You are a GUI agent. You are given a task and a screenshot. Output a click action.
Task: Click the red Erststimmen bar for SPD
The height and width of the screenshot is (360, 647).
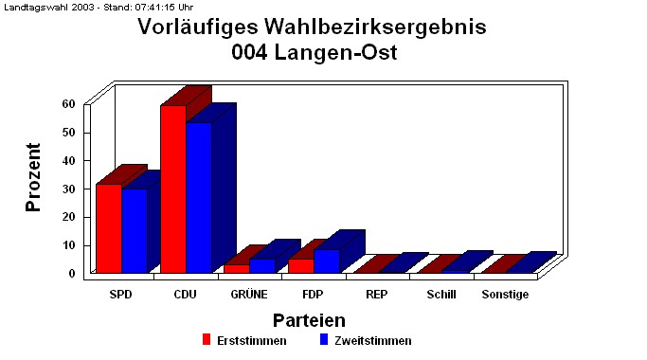click(108, 228)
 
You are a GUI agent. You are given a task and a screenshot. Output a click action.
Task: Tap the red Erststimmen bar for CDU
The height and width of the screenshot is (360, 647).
click(172, 189)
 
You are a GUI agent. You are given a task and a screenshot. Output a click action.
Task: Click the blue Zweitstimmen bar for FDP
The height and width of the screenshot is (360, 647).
click(327, 261)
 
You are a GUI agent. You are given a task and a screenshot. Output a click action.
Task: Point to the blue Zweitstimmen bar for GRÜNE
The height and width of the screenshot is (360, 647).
click(261, 265)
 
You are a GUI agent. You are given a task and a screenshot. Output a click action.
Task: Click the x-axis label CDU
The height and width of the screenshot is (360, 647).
click(185, 295)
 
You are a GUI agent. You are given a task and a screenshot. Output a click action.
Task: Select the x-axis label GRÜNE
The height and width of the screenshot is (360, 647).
click(249, 295)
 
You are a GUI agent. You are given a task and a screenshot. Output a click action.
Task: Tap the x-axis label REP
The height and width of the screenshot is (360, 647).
click(376, 295)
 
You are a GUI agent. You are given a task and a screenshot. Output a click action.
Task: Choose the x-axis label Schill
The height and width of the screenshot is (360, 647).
click(440, 295)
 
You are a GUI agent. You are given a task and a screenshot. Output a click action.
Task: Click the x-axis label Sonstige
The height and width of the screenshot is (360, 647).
click(505, 295)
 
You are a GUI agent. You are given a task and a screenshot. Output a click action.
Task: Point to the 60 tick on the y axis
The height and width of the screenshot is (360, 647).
click(68, 103)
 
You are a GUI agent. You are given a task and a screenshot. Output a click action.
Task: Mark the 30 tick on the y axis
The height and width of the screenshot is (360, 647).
click(68, 189)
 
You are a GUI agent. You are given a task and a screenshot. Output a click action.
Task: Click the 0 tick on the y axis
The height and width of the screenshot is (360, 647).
click(72, 274)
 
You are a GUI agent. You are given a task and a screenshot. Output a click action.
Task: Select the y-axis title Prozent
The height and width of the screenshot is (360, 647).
click(34, 176)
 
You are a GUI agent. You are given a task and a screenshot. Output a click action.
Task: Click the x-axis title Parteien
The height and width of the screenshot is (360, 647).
click(309, 320)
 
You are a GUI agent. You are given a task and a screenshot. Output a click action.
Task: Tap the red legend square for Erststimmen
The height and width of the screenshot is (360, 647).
click(206, 339)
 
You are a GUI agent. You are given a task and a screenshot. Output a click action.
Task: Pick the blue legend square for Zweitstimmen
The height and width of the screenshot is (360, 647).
click(323, 339)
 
